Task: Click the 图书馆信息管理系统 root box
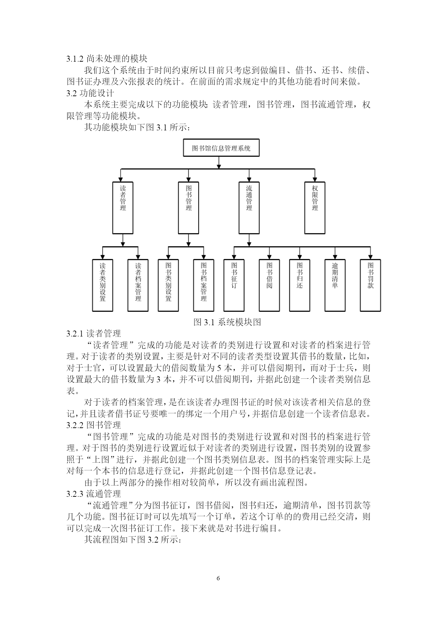221,148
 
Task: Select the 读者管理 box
123,208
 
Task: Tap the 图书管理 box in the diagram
189,208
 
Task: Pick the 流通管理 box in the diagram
249,208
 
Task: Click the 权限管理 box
315,208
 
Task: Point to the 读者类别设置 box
102,285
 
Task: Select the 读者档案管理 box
138,285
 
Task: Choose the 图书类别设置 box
168,285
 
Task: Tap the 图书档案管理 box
204,285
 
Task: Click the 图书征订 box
234,285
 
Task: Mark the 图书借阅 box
269,285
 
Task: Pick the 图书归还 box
300,285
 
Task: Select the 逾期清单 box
335,285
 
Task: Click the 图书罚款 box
370,285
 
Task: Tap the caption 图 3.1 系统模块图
227,322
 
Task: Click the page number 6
218,578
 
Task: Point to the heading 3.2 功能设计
90,93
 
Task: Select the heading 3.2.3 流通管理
94,494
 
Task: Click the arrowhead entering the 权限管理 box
315,179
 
